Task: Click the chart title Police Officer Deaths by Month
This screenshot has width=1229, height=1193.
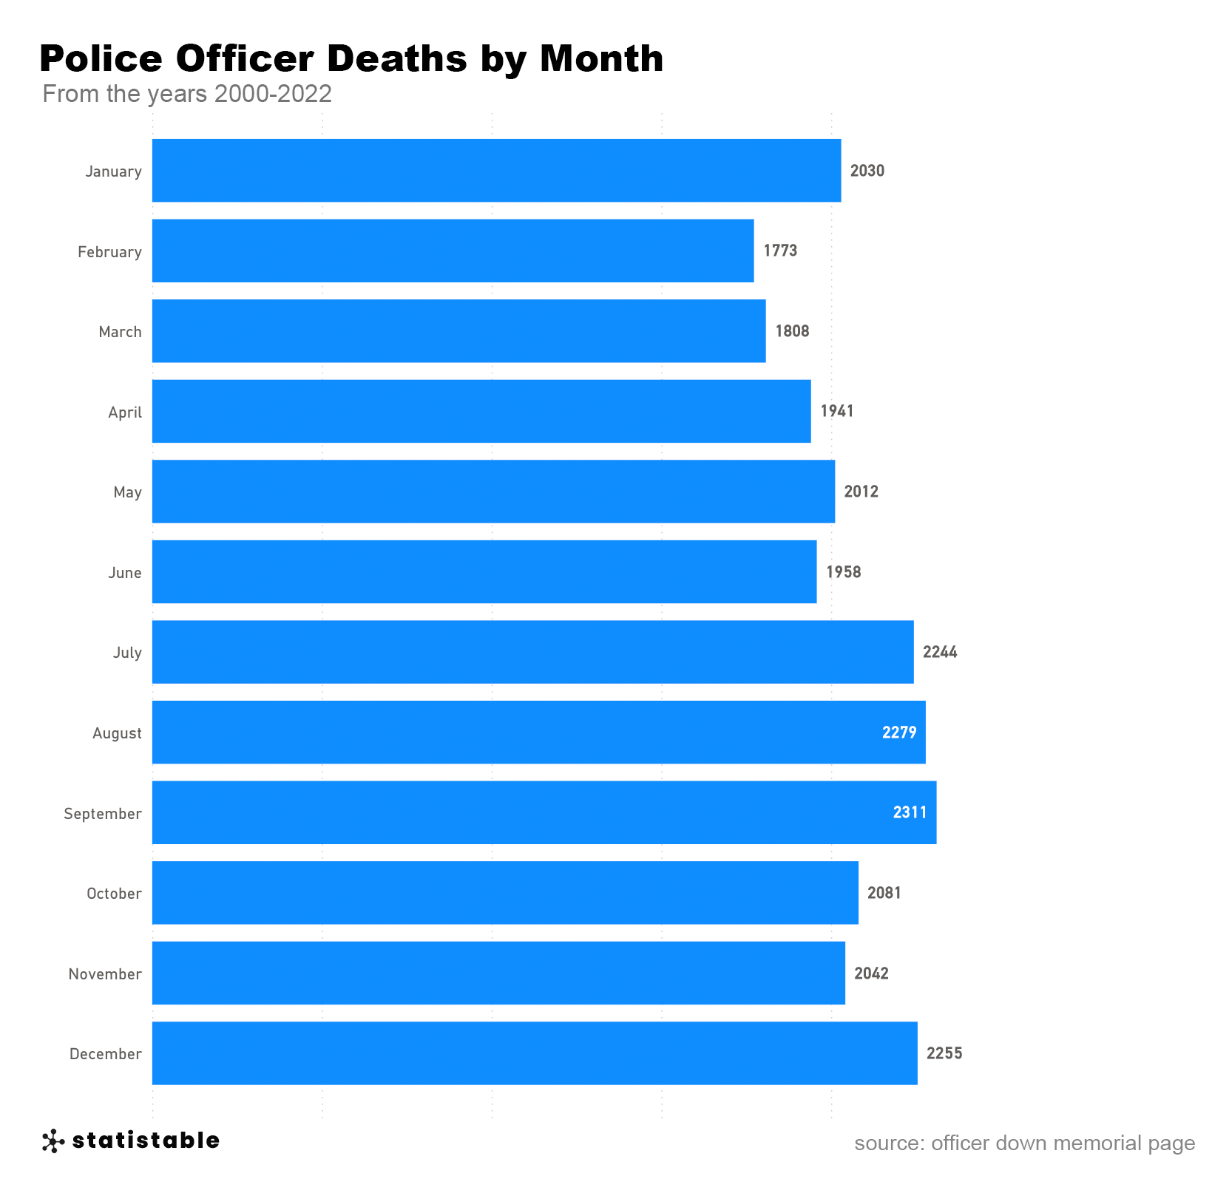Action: [351, 58]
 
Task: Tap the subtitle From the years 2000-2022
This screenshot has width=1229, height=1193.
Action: [187, 94]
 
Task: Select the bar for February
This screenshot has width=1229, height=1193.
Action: [453, 251]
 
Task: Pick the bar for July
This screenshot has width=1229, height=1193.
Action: [532, 652]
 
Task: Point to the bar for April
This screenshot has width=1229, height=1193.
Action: [481, 411]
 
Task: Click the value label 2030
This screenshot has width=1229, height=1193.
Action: [867, 171]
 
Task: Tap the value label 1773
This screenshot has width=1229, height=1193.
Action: [780, 251]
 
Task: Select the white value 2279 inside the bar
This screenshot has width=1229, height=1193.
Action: [898, 733]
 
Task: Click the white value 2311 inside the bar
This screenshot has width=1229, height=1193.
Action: [910, 812]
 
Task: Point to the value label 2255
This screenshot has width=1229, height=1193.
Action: [944, 1053]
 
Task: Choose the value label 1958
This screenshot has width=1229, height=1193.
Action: [843, 572]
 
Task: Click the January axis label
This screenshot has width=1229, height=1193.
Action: [113, 171]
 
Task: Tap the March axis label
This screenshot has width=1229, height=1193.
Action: [120, 332]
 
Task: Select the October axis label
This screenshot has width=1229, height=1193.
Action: [114, 894]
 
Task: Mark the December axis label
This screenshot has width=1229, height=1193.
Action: [105, 1054]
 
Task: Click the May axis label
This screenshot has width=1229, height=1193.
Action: [127, 492]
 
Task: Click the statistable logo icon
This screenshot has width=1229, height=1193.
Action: [53, 1141]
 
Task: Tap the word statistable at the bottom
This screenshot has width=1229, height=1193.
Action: [146, 1141]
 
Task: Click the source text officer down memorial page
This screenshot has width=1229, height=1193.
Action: [1024, 1143]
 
